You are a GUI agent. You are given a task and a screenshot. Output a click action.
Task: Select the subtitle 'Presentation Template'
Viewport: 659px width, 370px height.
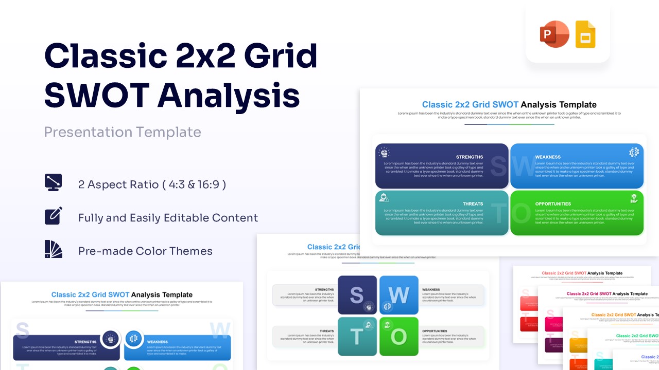pos(123,132)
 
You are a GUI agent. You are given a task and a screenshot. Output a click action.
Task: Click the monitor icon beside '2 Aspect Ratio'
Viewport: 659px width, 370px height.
pos(54,183)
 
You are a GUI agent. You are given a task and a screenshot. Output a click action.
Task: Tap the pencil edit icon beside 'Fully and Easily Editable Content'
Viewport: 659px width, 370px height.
pos(54,216)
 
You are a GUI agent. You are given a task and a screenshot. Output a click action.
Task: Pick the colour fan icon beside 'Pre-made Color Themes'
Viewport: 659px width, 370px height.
pos(54,249)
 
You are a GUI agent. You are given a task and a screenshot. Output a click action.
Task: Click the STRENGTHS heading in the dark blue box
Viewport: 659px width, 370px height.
pos(469,157)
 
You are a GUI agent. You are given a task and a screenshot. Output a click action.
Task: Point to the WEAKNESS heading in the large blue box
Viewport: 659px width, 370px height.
pos(548,157)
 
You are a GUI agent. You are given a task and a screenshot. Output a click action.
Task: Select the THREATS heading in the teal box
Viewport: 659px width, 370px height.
pos(473,204)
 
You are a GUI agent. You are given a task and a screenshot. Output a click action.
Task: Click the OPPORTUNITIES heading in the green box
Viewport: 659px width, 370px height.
pos(553,204)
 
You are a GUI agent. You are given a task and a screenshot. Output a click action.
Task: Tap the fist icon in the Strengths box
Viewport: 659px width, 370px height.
pos(384,152)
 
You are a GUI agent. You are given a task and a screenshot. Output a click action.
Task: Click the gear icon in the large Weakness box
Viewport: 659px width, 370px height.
pos(634,152)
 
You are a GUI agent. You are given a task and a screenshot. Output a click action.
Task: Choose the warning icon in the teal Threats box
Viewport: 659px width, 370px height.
pos(384,198)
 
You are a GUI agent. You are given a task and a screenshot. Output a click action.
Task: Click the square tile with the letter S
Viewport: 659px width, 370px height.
pos(357,295)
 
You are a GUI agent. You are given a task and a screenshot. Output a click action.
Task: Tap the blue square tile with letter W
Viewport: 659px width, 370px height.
pos(399,295)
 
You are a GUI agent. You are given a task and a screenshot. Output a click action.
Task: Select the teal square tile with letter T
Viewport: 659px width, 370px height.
pos(357,337)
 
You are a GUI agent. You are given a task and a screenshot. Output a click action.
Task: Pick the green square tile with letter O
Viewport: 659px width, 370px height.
pos(399,337)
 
